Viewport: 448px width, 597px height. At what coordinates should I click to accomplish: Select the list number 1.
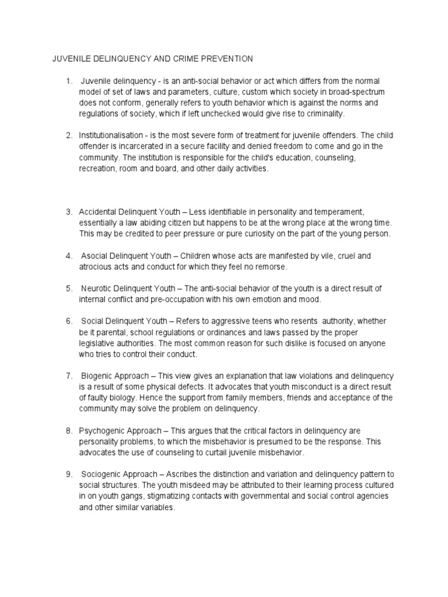click(x=68, y=81)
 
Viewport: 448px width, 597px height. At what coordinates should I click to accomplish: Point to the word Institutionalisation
click(x=113, y=135)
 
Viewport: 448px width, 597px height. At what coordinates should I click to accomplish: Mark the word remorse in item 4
click(x=268, y=266)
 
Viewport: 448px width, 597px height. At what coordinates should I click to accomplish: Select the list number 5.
click(x=68, y=289)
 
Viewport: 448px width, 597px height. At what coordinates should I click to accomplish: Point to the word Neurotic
click(x=96, y=289)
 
